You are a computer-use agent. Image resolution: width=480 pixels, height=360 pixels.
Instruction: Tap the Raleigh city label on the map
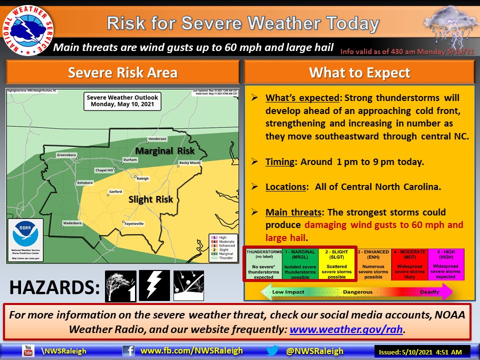click(142, 178)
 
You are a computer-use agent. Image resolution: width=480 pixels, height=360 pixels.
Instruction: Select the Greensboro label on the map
click(66, 155)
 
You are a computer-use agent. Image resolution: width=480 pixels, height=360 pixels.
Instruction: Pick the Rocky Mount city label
click(190, 163)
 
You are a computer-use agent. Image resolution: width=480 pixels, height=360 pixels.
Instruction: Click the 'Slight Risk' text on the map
click(150, 199)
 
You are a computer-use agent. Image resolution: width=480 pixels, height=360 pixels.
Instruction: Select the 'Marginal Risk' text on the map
click(164, 150)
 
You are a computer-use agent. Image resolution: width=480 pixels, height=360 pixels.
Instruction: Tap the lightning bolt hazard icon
click(154, 285)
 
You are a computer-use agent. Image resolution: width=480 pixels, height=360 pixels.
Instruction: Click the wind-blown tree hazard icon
click(120, 286)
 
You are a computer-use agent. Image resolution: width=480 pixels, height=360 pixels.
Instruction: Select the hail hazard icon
click(188, 285)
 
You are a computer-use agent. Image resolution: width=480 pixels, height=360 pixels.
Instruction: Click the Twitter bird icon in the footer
click(272, 351)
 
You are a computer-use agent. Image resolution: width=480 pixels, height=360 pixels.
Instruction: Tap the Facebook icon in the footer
click(128, 351)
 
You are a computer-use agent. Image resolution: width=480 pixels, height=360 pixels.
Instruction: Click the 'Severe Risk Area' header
click(122, 73)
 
